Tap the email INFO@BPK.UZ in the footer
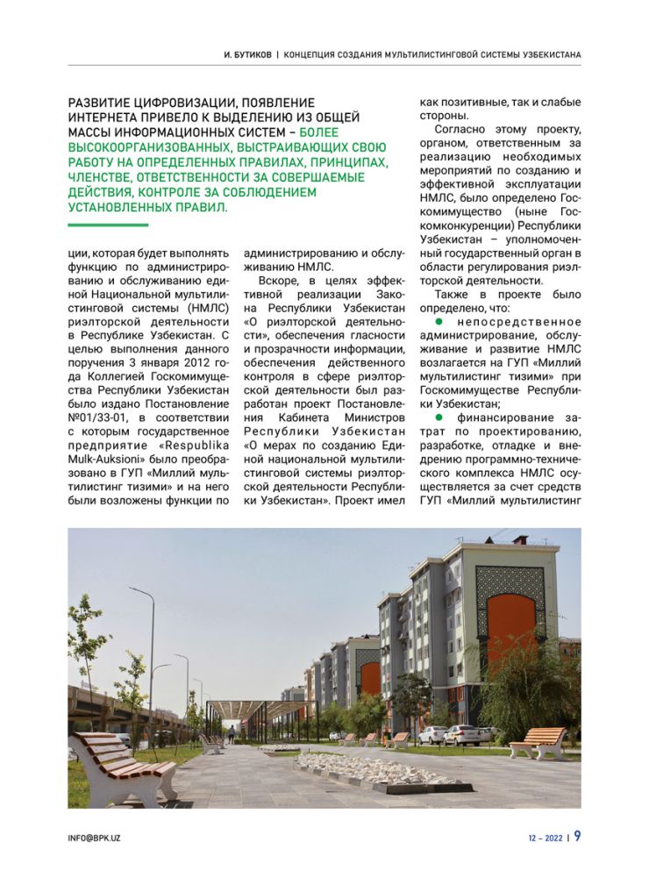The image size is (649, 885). point(95,839)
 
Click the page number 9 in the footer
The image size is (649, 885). point(577,837)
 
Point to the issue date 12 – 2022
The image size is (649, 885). point(546,839)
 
